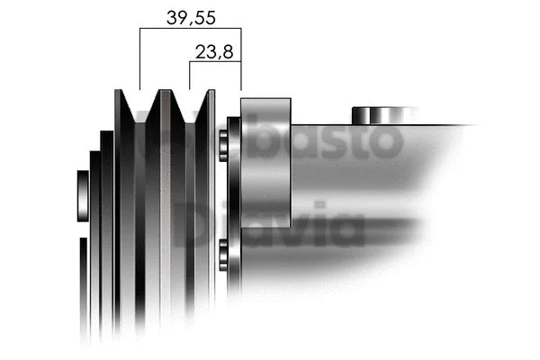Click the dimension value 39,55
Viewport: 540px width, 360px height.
(x=191, y=15)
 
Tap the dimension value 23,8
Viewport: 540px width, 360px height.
(x=215, y=51)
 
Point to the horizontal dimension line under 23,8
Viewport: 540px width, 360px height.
(x=215, y=63)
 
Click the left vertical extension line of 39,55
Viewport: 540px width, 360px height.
(x=139, y=58)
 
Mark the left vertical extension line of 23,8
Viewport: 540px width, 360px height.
(x=189, y=76)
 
